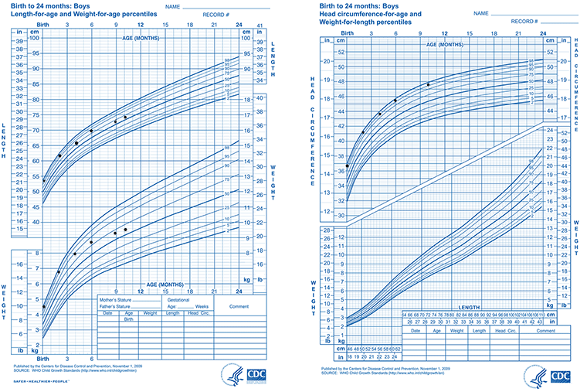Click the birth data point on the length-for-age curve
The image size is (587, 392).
point(43,180)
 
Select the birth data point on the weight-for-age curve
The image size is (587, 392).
point(43,307)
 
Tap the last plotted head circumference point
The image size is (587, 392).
point(428,85)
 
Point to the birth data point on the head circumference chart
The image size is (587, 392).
point(348,166)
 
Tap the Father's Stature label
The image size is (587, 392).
point(113,305)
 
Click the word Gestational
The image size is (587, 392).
point(179,298)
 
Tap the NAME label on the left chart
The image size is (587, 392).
point(171,7)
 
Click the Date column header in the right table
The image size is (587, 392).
point(416,331)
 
